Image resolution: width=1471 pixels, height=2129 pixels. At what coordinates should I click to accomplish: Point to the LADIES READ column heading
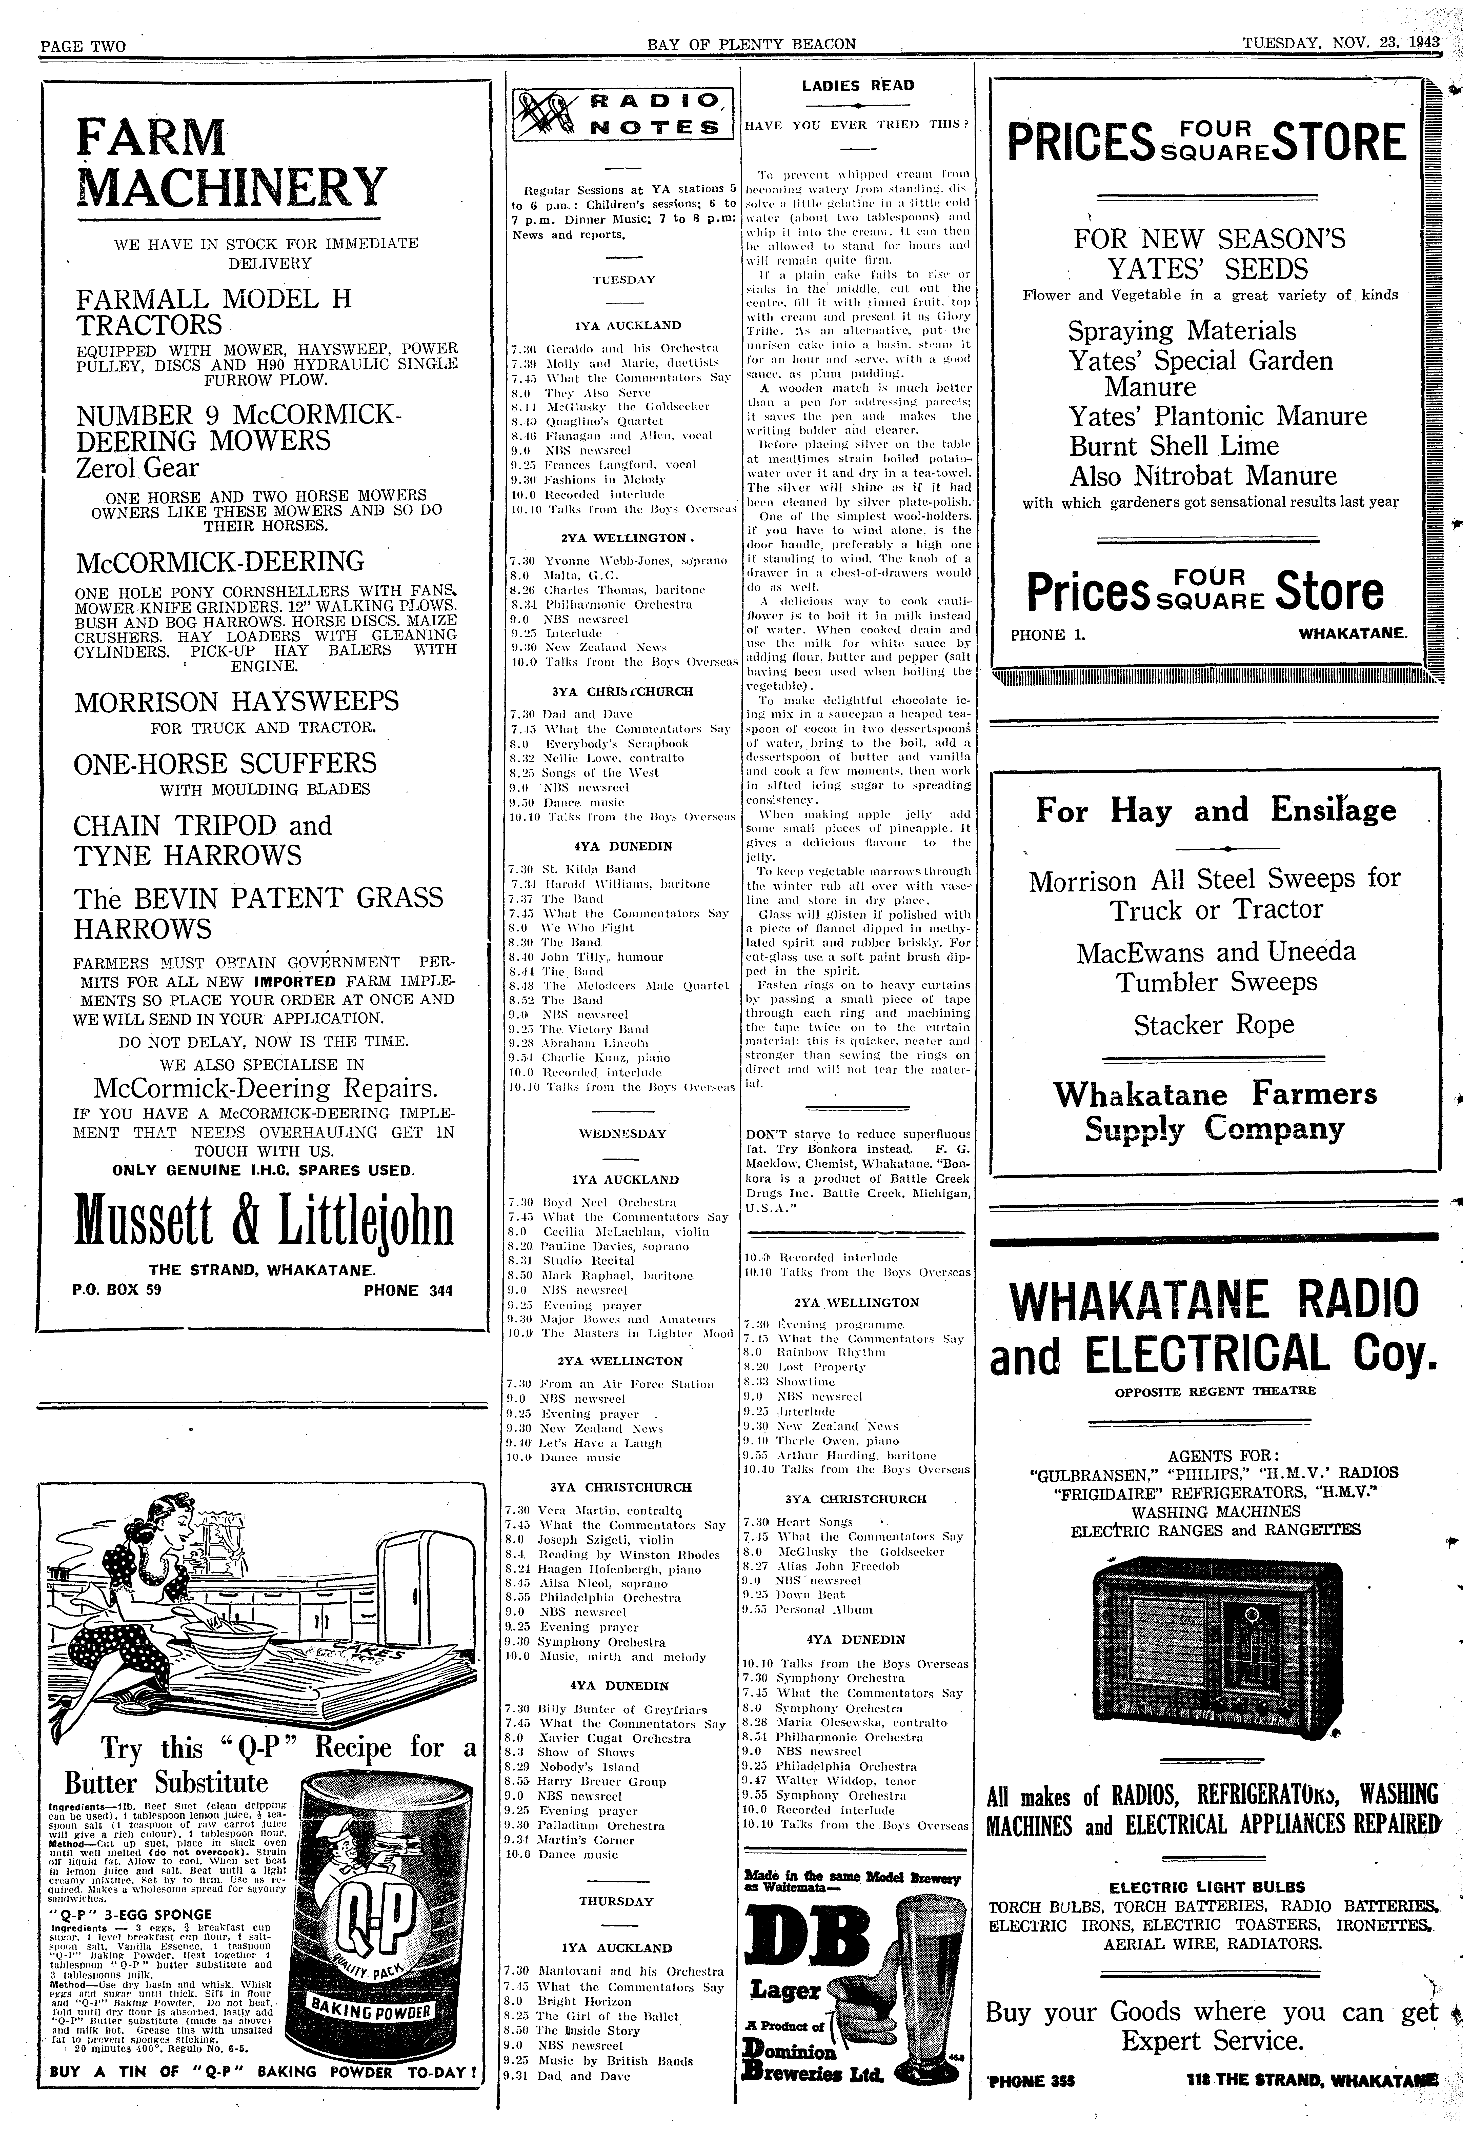[x=857, y=86]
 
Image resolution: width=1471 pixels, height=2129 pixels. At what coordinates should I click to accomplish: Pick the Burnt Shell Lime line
[x=1173, y=446]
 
